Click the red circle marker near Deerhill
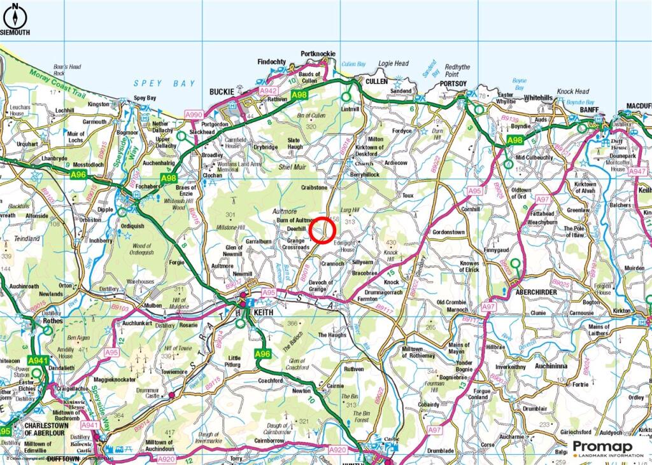coord(323,230)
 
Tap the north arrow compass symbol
coord(14,11)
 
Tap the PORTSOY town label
coord(453,83)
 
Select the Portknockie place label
coord(318,54)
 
